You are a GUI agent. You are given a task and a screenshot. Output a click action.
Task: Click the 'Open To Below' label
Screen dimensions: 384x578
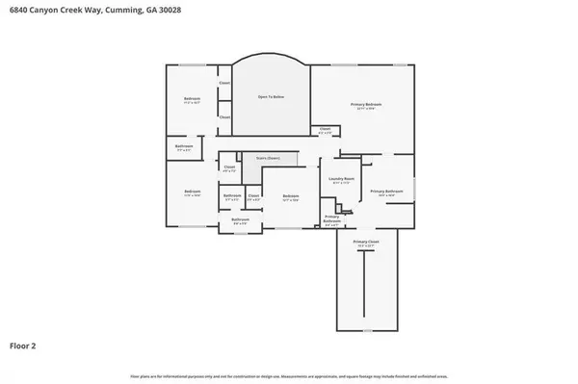click(270, 97)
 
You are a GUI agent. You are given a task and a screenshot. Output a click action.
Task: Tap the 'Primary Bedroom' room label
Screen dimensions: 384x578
click(366, 103)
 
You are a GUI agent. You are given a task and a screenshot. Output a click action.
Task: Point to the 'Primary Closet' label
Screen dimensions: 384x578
click(365, 242)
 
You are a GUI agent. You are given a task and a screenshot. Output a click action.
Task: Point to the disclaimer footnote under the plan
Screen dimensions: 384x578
click(288, 375)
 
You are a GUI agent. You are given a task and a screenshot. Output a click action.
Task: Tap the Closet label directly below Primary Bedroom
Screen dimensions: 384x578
click(325, 128)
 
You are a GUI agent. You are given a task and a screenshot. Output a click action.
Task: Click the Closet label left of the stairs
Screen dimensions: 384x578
click(229, 167)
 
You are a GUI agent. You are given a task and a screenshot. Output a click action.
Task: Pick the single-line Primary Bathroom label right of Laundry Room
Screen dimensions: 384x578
click(386, 192)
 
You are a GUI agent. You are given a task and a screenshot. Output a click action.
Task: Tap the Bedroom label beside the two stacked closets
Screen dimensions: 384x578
click(193, 99)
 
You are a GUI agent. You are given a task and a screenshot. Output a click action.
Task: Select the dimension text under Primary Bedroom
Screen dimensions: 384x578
click(366, 108)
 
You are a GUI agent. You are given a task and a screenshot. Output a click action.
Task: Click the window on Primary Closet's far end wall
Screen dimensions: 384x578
click(365, 329)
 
